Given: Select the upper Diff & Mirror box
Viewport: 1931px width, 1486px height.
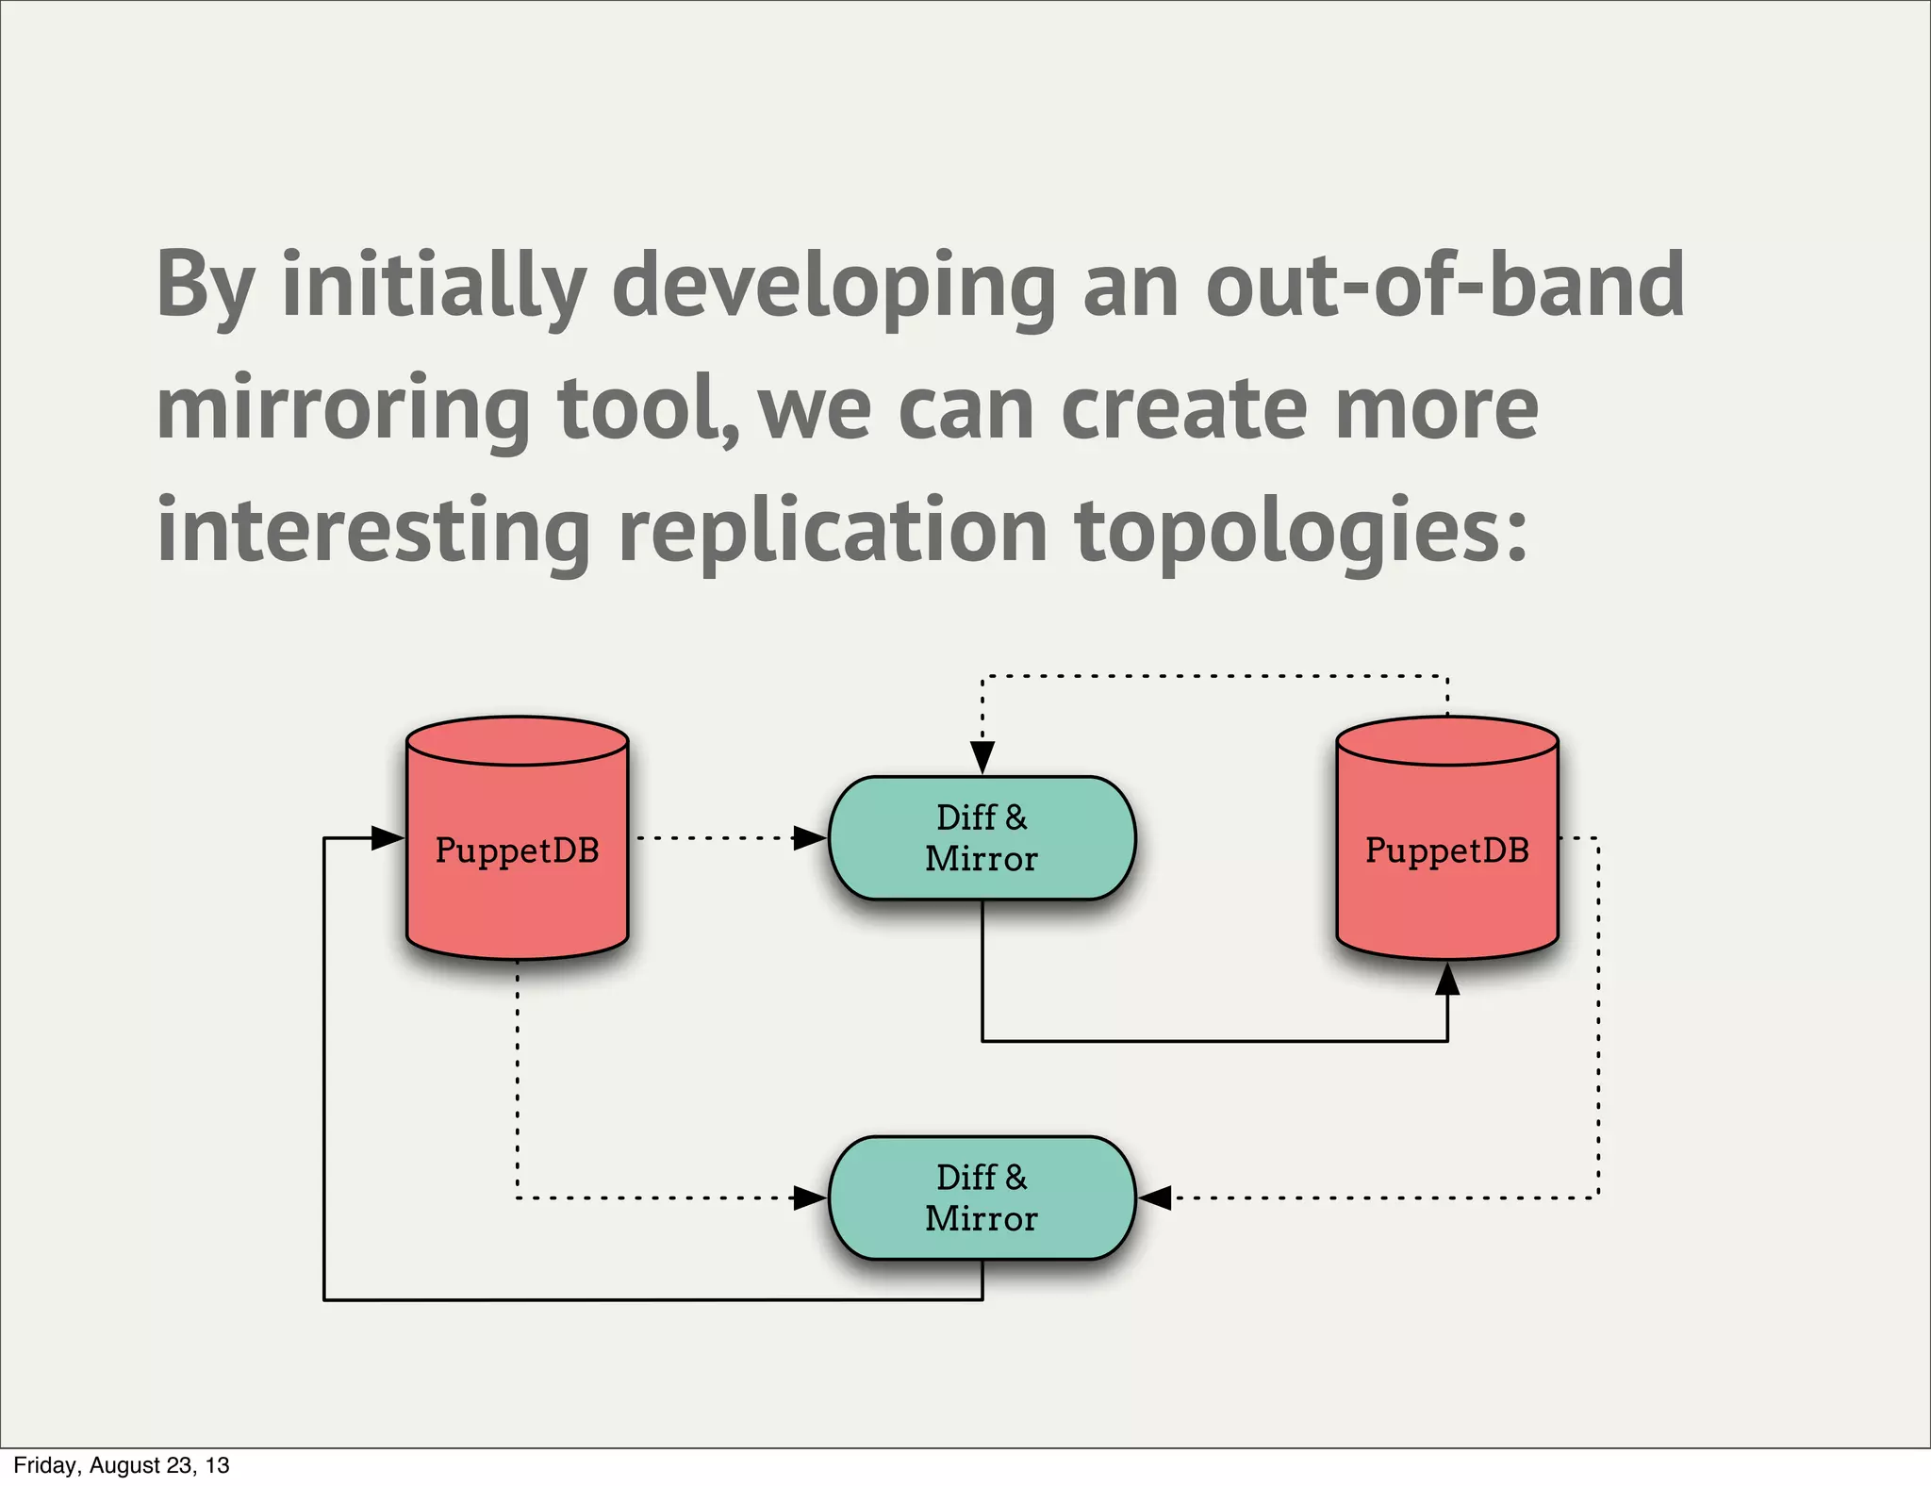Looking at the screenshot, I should pos(982,837).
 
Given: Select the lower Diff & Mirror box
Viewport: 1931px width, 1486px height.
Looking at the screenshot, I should pos(982,1197).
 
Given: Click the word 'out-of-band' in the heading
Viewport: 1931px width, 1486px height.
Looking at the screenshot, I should pos(1444,285).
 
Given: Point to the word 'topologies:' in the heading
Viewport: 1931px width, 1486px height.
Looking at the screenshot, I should pos(1300,533).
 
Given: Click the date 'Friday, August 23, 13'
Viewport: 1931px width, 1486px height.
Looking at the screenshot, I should pos(122,1465).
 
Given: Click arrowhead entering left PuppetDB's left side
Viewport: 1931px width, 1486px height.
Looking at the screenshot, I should pos(388,837).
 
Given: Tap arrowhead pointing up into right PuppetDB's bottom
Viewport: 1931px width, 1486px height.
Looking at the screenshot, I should pos(1447,980).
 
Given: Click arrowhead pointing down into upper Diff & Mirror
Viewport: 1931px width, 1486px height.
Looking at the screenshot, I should pos(982,756).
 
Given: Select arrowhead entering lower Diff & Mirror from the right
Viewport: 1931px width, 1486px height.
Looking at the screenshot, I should pos(1155,1197).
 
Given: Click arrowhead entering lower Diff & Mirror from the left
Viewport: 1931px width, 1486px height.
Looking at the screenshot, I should pos(809,1197).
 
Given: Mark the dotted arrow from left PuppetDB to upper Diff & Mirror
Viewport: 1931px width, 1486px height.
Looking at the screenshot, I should pos(717,837).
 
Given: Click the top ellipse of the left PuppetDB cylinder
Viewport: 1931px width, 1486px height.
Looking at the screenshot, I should pos(517,740).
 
